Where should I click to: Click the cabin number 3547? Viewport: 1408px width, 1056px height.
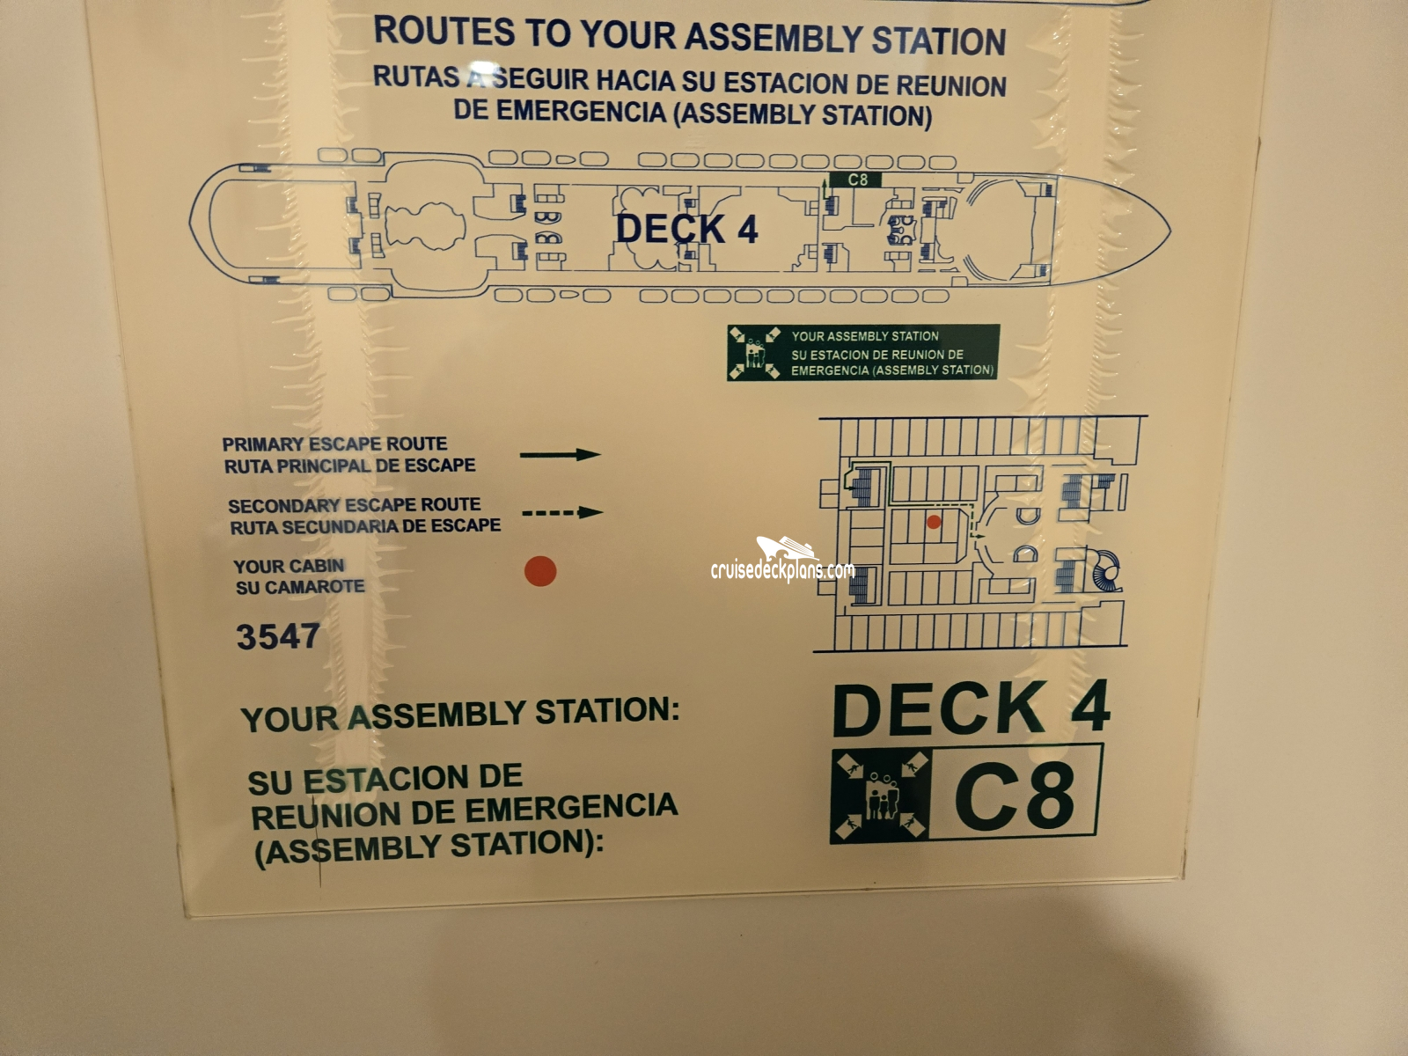click(278, 636)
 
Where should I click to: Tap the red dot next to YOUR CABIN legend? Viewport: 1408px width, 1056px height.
click(540, 570)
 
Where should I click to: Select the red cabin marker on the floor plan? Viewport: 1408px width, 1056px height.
click(934, 522)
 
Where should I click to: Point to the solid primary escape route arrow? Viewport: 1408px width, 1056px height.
click(560, 455)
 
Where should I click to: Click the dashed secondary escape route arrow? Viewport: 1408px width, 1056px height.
click(562, 512)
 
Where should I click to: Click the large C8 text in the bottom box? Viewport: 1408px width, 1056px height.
click(1014, 795)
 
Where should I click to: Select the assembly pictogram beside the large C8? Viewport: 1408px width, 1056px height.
click(879, 796)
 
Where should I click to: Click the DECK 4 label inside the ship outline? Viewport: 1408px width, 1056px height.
click(686, 229)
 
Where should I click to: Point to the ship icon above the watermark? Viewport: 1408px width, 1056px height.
click(785, 549)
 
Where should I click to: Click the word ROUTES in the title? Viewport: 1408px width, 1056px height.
click(444, 31)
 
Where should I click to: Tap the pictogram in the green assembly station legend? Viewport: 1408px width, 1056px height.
click(755, 353)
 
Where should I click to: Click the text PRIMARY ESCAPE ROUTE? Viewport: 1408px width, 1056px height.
click(335, 444)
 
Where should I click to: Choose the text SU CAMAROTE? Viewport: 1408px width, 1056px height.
click(300, 587)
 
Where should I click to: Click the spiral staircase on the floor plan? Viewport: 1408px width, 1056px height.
click(1105, 571)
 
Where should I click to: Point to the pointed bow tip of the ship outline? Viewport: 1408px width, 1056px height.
click(1170, 230)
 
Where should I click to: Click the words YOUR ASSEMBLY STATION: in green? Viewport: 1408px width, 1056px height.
click(460, 715)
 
